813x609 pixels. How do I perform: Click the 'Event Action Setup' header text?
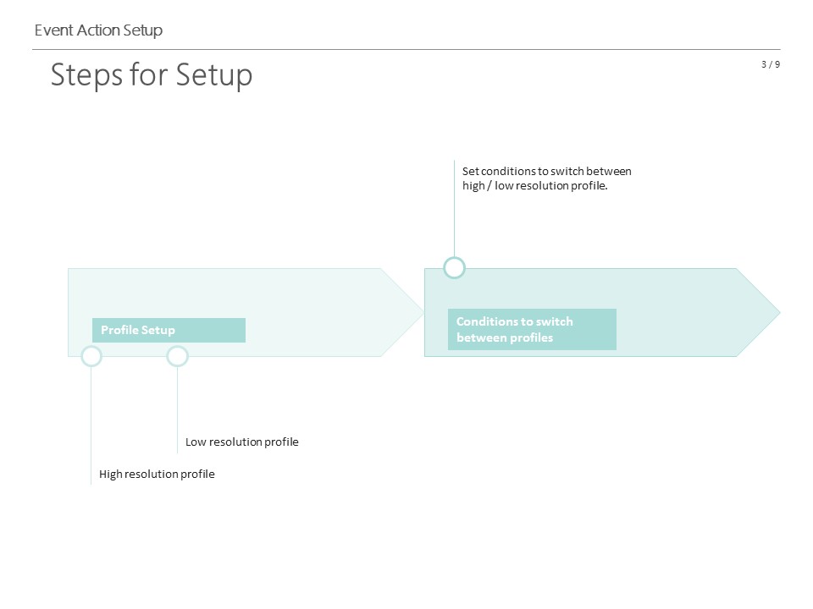[98, 30]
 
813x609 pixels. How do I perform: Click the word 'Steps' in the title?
[86, 75]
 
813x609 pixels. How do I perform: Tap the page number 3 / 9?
[771, 64]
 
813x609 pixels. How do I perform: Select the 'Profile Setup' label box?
[169, 331]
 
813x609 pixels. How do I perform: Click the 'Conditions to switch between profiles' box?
[532, 329]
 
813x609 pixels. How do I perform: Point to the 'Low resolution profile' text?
[242, 442]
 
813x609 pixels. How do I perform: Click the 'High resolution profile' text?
[157, 474]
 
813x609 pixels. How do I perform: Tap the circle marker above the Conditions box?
[454, 258]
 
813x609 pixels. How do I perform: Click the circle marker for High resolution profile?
[91, 346]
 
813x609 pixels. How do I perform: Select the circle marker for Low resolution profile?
[177, 346]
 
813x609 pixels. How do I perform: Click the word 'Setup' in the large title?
[214, 75]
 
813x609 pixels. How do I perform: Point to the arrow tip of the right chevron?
[780, 312]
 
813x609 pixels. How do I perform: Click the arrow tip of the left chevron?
[424, 312]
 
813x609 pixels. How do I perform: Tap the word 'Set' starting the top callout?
[471, 172]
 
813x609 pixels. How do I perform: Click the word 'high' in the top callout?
[473, 186]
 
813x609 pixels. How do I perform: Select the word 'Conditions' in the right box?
[488, 321]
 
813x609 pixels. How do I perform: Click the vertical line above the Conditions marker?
[454, 209]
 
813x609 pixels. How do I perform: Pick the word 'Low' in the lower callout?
[196, 442]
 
